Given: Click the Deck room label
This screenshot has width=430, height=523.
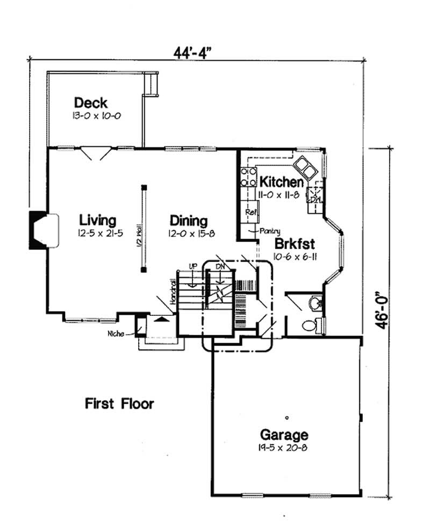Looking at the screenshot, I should click(91, 102).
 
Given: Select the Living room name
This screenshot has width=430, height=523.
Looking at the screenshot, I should click(97, 220).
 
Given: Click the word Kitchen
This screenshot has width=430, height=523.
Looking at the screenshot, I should click(281, 181).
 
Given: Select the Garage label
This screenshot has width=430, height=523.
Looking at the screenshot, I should click(284, 434).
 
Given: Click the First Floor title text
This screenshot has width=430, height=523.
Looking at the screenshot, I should click(119, 403).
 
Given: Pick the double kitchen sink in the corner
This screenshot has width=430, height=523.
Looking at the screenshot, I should click(305, 167).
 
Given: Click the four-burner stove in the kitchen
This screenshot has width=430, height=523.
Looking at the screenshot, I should click(248, 177).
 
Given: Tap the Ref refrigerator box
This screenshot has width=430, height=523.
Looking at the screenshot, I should click(250, 211).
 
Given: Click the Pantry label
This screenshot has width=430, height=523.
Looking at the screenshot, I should click(270, 231).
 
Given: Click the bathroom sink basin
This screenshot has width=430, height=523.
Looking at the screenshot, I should click(316, 304).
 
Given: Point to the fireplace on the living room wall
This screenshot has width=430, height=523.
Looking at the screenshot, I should click(44, 230).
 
